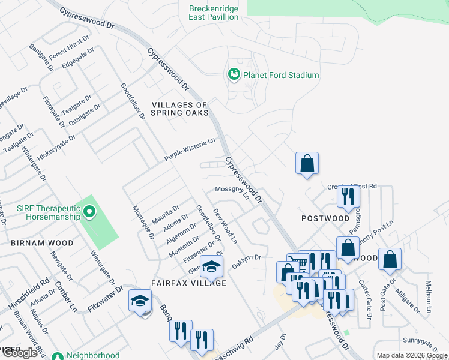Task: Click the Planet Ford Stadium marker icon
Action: tap(234, 74)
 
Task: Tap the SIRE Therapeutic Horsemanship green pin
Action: tap(89, 211)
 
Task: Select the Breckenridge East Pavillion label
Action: tap(214, 13)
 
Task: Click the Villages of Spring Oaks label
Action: tap(179, 109)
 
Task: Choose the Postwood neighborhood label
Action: tap(325, 218)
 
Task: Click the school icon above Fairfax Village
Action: tap(211, 266)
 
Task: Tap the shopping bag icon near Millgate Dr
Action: tap(390, 259)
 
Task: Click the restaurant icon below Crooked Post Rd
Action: tap(348, 196)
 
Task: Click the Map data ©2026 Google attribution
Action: tap(412, 355)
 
